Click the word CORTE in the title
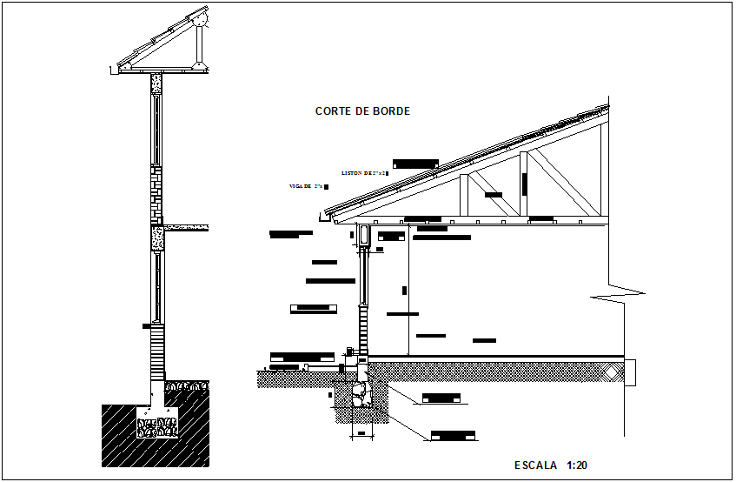pos(332,111)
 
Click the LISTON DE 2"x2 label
pos(362,174)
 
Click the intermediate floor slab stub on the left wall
pos(186,228)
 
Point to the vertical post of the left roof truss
pos(202,48)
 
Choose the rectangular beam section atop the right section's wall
pos(364,235)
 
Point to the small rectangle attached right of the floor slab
pos(632,372)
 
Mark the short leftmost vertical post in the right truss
pos(465,195)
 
